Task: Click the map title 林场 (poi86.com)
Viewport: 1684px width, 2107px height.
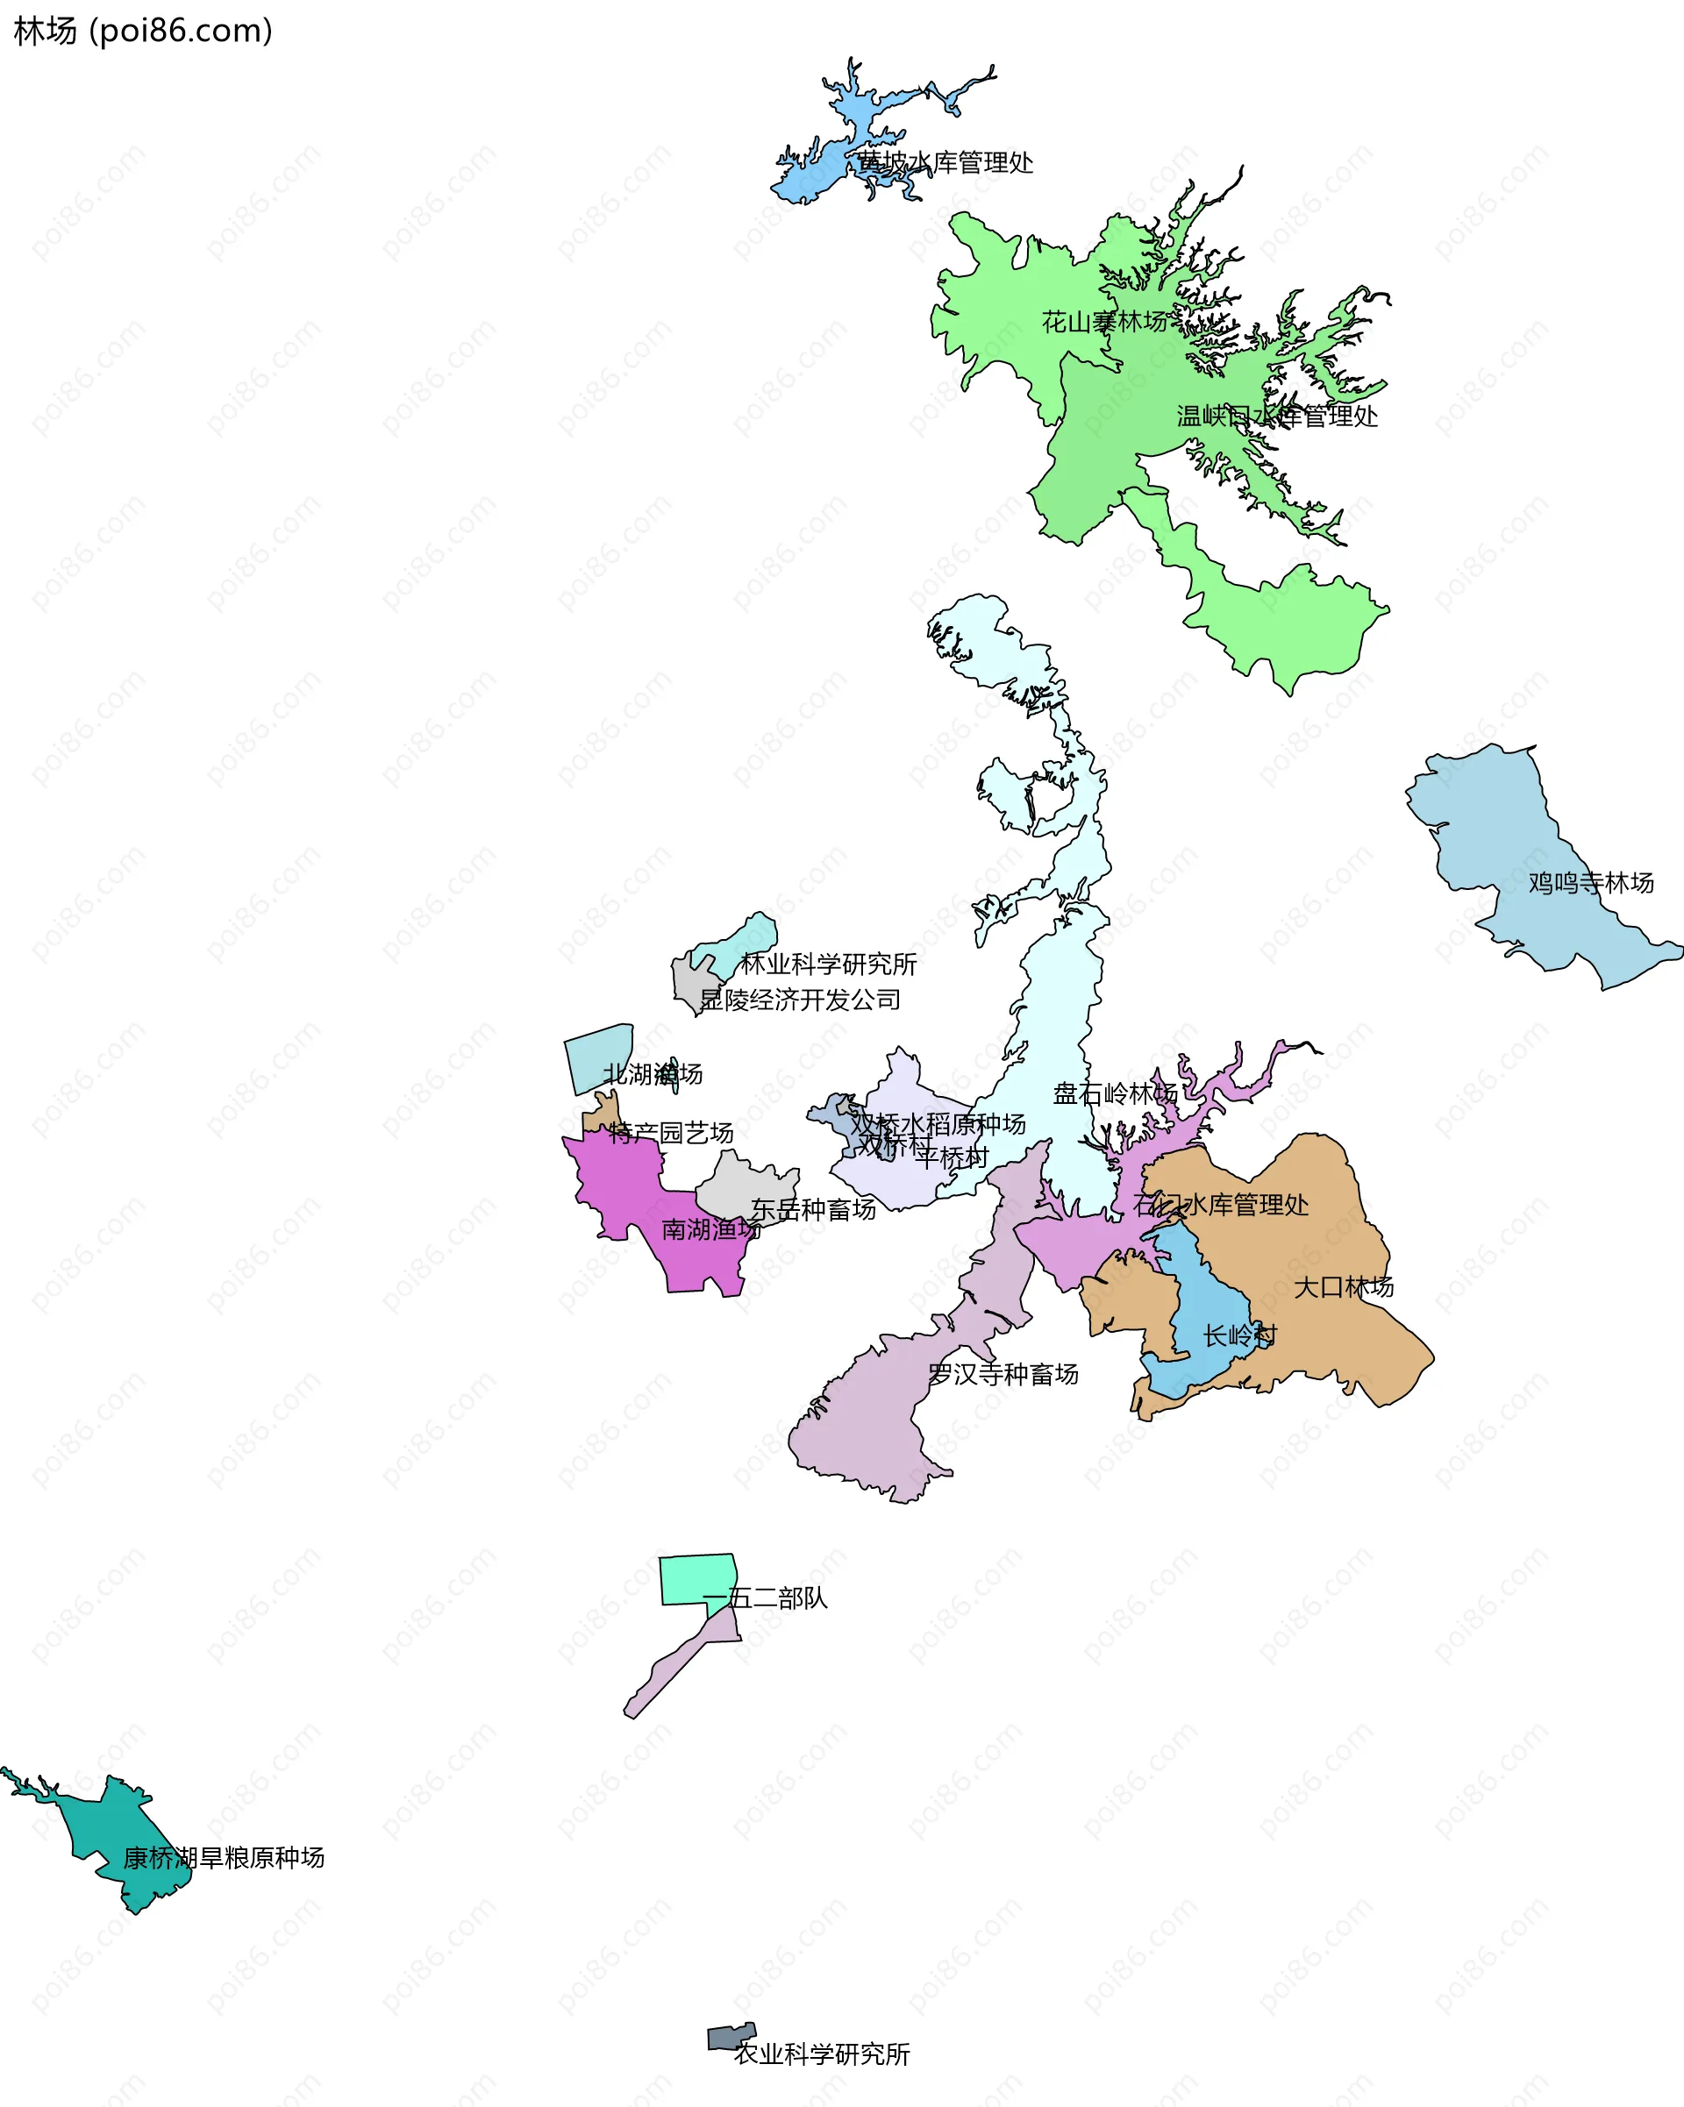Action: (143, 32)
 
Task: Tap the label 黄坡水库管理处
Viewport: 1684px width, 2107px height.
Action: (945, 162)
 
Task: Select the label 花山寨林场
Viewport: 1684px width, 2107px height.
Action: (1104, 322)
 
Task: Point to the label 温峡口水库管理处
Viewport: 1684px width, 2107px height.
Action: (1277, 416)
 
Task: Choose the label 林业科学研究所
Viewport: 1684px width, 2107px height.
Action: (829, 965)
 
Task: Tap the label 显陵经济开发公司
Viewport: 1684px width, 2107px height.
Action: (801, 1000)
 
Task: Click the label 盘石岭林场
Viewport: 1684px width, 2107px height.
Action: (1115, 1093)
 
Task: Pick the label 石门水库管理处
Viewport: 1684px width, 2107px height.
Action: (1221, 1205)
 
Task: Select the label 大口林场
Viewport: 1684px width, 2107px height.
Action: (1344, 1287)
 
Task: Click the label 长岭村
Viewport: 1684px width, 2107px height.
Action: (1240, 1335)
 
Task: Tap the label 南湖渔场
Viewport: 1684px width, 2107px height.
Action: (711, 1229)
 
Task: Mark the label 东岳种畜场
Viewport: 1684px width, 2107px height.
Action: (813, 1210)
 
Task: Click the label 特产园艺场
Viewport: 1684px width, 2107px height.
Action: (670, 1134)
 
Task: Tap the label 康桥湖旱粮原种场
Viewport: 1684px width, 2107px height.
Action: (224, 1858)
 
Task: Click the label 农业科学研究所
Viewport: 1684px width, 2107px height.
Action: (822, 2054)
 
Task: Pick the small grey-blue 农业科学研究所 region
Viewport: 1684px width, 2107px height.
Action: (730, 2037)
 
